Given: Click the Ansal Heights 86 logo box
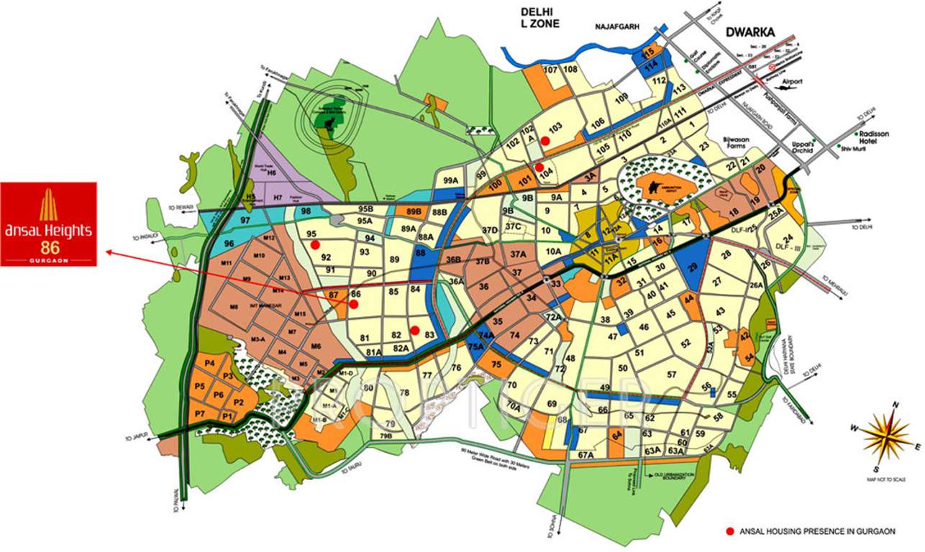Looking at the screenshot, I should click(48, 224).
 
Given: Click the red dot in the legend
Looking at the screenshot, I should click(730, 531).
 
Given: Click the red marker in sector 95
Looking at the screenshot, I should click(315, 245).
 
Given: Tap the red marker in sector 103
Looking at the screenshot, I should click(546, 141).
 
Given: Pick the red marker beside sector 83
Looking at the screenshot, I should click(414, 331).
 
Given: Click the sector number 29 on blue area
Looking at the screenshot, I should click(693, 267).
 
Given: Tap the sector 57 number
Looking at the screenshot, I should click(672, 375).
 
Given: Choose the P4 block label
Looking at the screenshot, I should click(210, 364).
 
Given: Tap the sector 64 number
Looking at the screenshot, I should click(616, 434).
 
